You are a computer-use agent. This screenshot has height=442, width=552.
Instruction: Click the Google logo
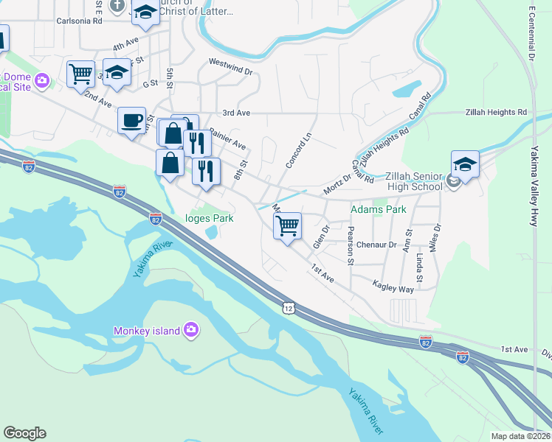tap(24, 433)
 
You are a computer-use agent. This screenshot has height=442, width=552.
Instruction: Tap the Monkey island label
tap(146, 331)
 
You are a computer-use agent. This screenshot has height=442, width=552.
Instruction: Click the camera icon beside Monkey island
tap(191, 330)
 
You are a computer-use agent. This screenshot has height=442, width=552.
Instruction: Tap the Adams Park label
tap(378, 210)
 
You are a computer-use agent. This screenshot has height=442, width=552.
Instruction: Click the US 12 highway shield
tap(288, 306)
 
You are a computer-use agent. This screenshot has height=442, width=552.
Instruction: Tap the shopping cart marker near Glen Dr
tap(287, 226)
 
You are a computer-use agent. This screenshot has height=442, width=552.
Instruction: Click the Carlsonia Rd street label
tap(77, 21)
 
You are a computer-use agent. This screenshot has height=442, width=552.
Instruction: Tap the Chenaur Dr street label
tap(376, 244)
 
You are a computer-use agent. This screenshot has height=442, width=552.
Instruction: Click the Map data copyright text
tap(521, 436)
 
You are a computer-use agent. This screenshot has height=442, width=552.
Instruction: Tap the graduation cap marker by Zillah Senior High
tap(465, 164)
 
